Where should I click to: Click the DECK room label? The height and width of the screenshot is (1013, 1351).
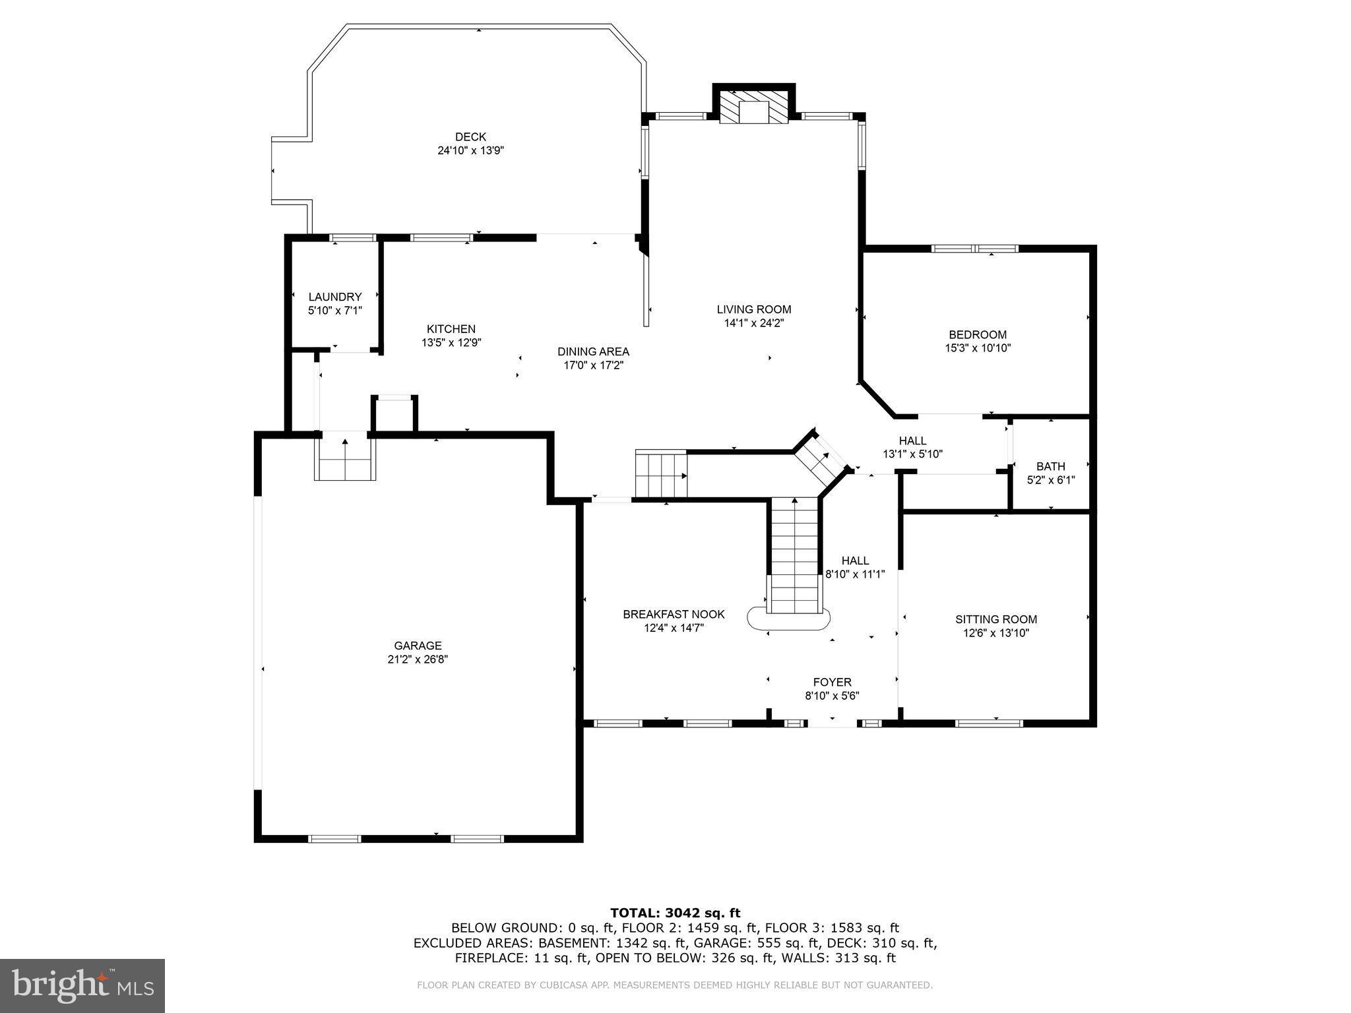pos(470,137)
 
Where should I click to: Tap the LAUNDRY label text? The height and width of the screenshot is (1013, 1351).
pos(335,297)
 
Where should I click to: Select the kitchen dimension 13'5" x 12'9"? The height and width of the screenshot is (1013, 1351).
pos(451,343)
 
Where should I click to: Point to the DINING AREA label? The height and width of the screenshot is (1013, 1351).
pos(593,352)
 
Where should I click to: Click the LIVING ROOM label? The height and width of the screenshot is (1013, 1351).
pos(754,309)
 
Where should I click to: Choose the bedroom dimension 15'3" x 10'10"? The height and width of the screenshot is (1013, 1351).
pos(978,348)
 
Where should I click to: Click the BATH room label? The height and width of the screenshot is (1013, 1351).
pos(1050,466)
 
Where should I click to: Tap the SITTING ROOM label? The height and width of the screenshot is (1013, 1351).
pos(996,619)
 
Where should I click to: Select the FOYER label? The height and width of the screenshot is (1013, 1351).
pos(832,682)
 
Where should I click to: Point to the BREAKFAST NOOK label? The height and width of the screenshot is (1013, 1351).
pos(674,615)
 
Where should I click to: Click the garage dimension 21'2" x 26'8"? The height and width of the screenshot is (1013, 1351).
pos(418,660)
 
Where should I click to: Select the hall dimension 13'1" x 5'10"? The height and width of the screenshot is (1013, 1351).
pos(912,454)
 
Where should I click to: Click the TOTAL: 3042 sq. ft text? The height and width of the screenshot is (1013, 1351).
pos(675,913)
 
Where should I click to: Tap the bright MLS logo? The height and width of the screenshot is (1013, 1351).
pos(82,985)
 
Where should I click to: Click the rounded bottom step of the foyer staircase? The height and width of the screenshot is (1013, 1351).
pos(788,620)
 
